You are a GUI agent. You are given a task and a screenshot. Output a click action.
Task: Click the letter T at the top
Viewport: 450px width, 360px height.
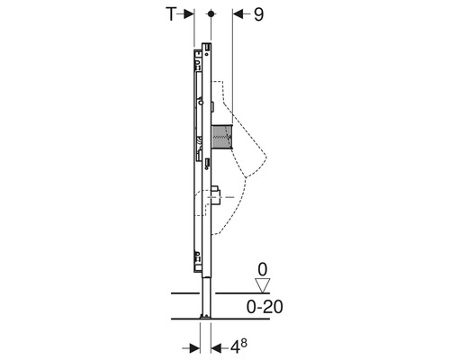click(x=171, y=14)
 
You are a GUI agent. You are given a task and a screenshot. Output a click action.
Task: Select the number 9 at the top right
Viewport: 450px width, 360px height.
click(x=258, y=14)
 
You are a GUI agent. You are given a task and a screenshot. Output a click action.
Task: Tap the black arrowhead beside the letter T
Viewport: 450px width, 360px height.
click(x=188, y=14)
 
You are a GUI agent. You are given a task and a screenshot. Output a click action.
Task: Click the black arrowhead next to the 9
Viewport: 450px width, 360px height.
click(x=238, y=14)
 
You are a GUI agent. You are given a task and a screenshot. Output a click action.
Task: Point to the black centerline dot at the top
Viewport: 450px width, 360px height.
click(x=211, y=13)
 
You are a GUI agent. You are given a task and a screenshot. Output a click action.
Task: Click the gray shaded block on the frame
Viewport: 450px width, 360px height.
click(x=222, y=137)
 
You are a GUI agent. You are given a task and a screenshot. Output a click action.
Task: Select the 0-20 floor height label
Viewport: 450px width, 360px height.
click(x=265, y=307)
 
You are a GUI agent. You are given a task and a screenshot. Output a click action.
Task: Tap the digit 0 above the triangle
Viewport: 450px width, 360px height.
click(x=263, y=269)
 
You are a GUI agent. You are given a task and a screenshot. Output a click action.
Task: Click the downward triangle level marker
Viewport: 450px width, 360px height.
click(x=262, y=285)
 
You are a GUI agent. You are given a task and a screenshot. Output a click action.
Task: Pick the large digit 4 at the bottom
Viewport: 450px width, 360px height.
click(x=236, y=348)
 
